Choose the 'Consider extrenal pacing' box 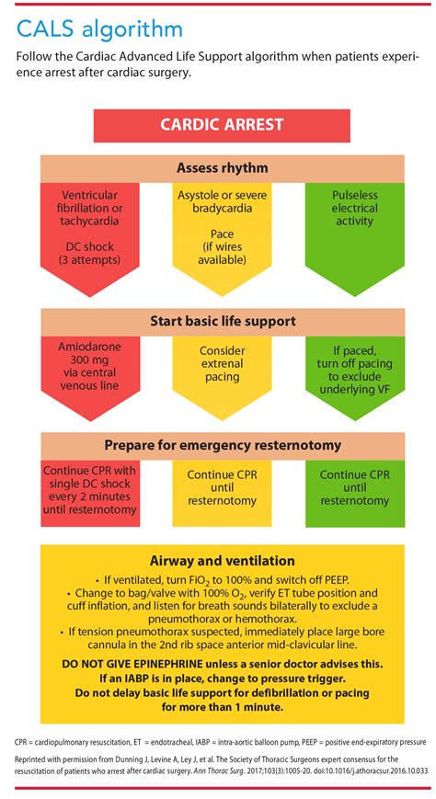click(222, 363)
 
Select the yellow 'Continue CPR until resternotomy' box click(222, 487)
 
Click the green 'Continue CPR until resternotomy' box click(354, 487)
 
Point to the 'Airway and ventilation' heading click(222, 560)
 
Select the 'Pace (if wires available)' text click(222, 246)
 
